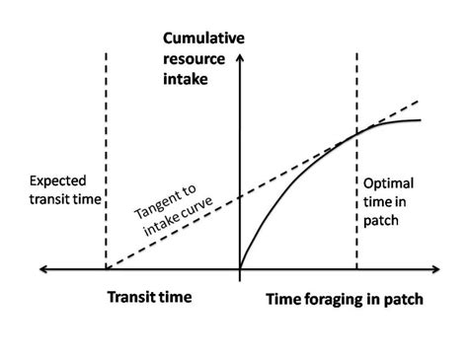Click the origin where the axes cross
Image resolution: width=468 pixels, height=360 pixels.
tap(239, 266)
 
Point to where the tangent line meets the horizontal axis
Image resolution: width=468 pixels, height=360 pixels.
tap(106, 266)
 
